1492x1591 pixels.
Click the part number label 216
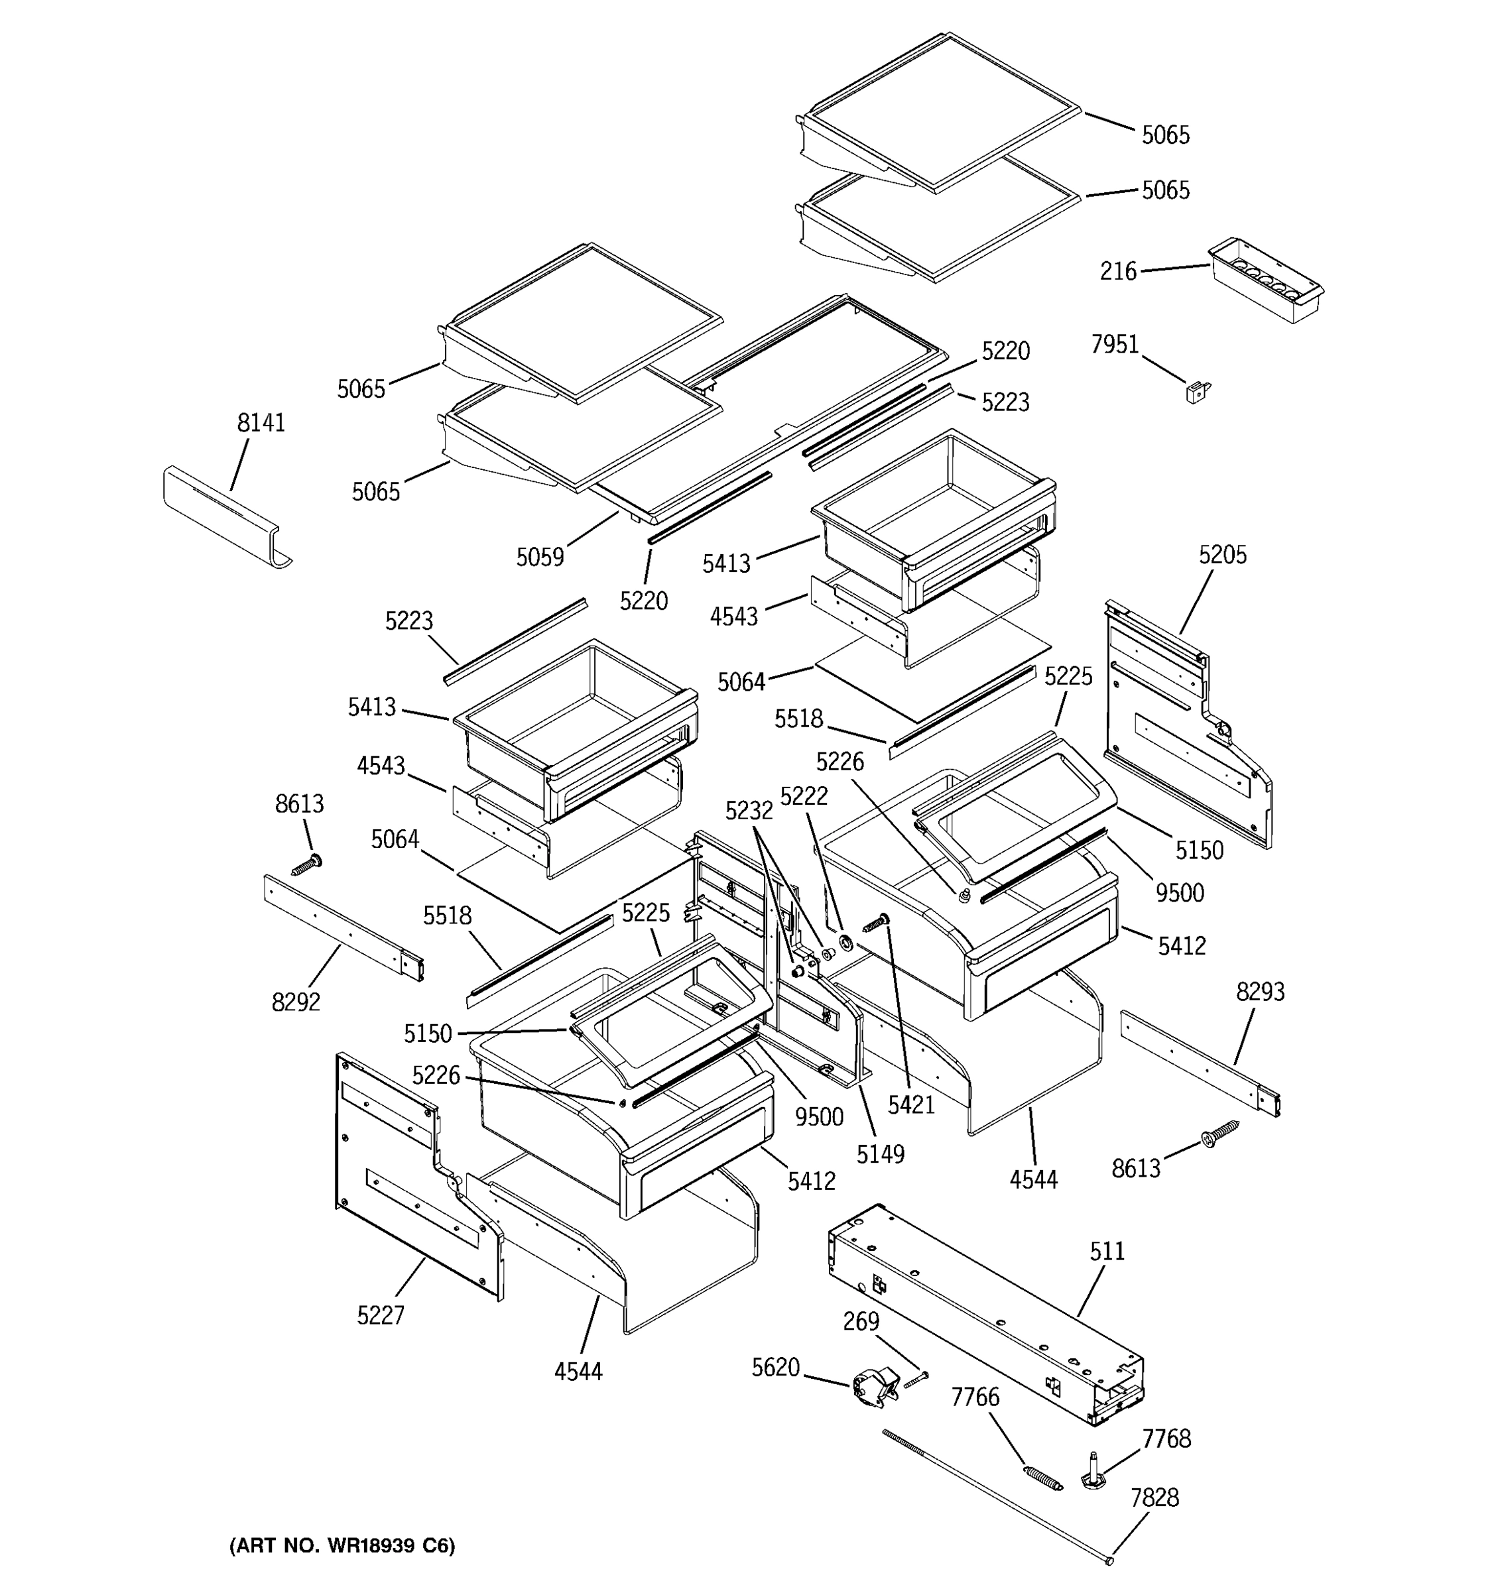1117,272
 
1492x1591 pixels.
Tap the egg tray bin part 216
1265,280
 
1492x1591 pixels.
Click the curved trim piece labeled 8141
224,517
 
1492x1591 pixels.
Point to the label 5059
540,556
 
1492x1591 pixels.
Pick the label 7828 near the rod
1154,1498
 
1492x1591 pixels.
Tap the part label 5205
1221,555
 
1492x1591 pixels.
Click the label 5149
880,1154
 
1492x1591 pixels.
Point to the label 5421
911,1105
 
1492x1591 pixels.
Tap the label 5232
749,811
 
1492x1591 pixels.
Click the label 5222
804,795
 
